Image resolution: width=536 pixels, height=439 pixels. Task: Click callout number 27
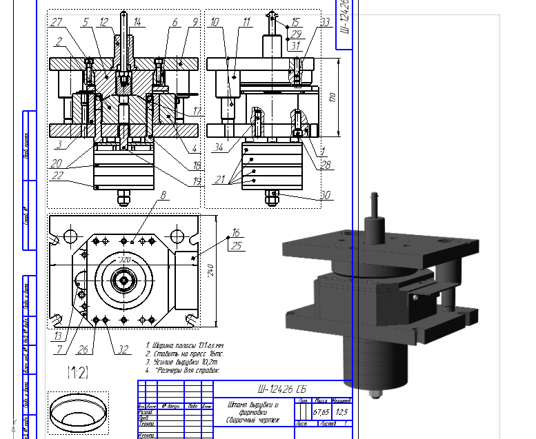point(57,22)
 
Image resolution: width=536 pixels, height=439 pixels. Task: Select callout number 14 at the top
point(137,22)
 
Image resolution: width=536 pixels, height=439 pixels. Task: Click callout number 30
point(326,194)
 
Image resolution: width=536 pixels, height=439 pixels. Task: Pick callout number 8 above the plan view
point(163,195)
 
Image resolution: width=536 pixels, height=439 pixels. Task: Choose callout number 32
point(123,349)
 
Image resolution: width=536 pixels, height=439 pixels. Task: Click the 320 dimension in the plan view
point(124,260)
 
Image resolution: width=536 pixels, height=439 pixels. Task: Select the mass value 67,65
point(321,412)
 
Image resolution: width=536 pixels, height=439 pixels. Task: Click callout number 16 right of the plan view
point(237,232)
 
